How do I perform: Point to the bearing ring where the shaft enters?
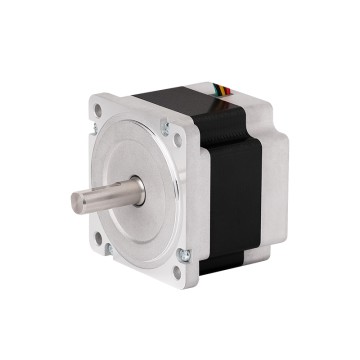tap(138, 190)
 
